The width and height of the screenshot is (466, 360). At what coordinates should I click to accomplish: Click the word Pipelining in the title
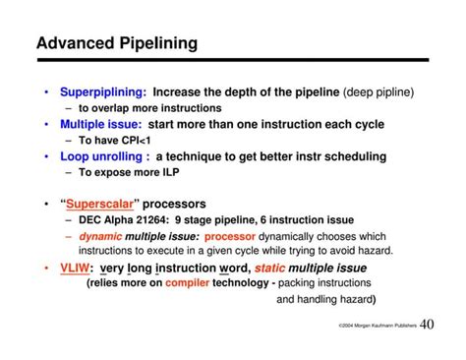156,43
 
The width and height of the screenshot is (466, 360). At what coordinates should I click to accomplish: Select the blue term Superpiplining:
103,92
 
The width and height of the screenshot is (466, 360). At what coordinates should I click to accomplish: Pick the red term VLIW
78,267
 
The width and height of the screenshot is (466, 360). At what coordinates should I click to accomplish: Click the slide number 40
428,325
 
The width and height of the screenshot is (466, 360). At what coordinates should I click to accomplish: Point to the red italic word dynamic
101,236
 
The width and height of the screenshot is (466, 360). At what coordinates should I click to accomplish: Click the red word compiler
188,282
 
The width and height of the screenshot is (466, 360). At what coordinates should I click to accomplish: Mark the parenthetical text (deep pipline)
379,92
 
